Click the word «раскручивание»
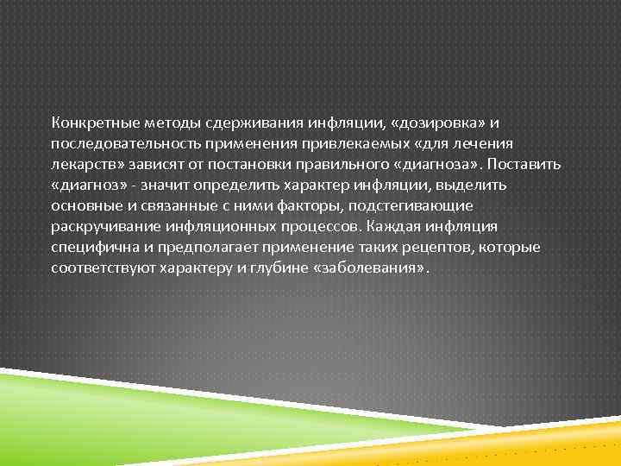coord(100,226)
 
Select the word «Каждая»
coord(393,226)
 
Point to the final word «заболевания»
coord(369,268)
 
